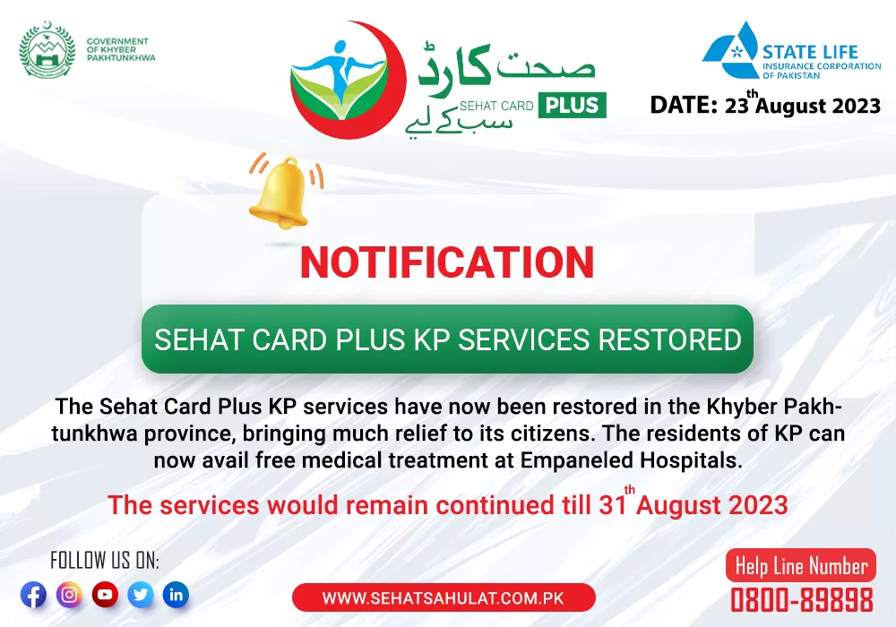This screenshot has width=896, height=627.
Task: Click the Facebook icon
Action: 34,595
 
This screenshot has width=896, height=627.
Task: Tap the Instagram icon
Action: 69,595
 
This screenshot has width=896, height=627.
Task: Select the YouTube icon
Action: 105,595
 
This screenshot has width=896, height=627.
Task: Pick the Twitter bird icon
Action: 141,595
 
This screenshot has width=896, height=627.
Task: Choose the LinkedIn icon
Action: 176,595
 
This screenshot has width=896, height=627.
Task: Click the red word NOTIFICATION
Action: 447,262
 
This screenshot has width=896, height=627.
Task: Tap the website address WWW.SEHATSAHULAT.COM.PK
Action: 443,597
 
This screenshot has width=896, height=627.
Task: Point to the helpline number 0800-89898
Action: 802,600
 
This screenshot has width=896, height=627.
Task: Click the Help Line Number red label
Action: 800,566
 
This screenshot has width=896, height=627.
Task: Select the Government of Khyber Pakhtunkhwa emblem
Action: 47,49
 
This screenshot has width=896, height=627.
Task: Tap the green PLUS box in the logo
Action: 572,105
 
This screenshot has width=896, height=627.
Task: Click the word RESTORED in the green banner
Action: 670,339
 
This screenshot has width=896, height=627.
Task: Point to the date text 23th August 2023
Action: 803,104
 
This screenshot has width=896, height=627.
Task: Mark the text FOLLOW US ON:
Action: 105,561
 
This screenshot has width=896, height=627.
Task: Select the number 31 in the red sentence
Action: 611,505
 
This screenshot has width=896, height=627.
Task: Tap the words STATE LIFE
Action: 810,52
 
